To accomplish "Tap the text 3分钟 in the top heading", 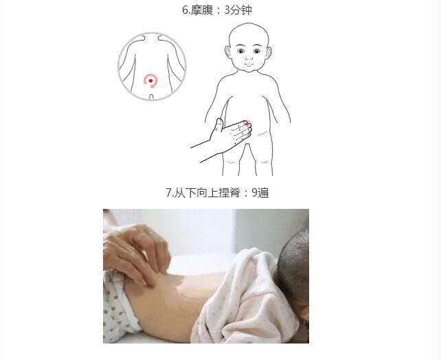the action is [x=238, y=10].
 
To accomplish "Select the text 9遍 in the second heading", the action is [x=260, y=192].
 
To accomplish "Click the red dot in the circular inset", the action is [x=150, y=80].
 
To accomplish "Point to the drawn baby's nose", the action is [x=249, y=58].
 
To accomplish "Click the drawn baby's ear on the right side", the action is [x=269, y=53].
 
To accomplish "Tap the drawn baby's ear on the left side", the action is [x=227, y=53].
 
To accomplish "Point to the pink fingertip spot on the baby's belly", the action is [x=247, y=123].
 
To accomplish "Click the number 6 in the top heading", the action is [x=185, y=10].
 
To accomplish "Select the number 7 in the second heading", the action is [x=169, y=192].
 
